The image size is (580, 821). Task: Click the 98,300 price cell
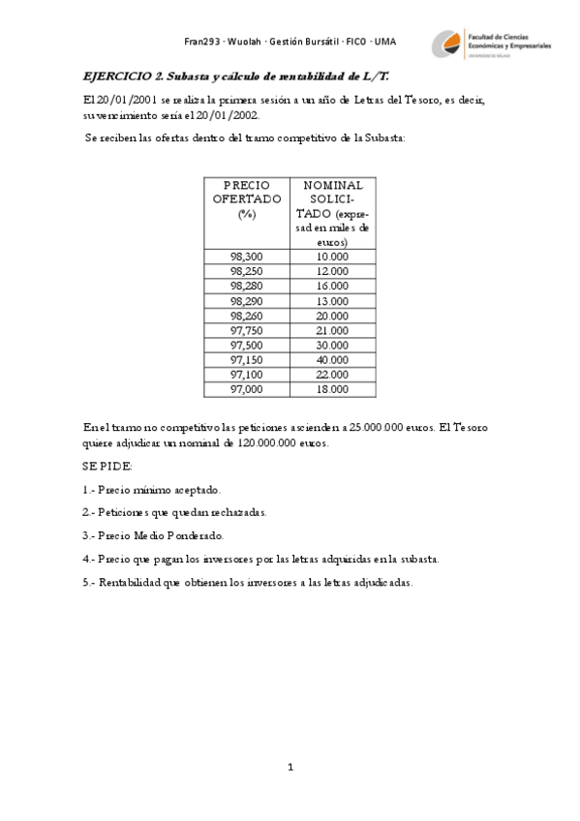(246, 257)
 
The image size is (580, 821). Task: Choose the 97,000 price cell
(246, 389)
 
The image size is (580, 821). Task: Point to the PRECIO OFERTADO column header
(246, 199)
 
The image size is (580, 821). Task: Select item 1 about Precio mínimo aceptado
(152, 490)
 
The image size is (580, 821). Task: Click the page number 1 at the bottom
(290, 768)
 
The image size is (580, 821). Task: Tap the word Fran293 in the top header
(200, 41)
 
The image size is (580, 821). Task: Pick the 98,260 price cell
(246, 316)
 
